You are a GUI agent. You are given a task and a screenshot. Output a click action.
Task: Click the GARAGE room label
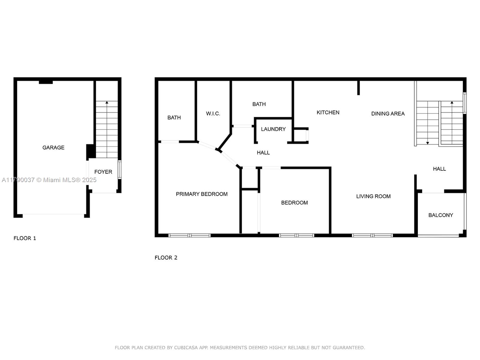[53, 148]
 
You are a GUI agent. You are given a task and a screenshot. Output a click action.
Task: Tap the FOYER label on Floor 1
[103, 172]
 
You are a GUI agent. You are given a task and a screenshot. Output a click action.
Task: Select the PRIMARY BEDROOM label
[202, 194]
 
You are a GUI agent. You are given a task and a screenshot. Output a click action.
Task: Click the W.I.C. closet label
[213, 114]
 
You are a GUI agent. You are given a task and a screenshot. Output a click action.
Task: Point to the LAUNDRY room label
[273, 129]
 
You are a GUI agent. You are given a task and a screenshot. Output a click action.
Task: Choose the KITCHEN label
[328, 112]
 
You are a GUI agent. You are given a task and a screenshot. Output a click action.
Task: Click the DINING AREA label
[388, 114]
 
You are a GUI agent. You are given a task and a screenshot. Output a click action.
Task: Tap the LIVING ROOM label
[373, 196]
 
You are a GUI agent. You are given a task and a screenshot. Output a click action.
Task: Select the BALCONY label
[441, 215]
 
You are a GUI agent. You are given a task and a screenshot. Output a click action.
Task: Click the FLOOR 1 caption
[25, 238]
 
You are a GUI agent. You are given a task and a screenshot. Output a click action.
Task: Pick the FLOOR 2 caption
[166, 258]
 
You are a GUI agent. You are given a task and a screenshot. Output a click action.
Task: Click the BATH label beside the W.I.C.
[174, 118]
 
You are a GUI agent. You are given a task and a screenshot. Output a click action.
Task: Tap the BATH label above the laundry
[259, 104]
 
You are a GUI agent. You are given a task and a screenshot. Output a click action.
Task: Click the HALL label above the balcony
[439, 169]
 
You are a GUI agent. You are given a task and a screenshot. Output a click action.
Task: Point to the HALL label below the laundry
[263, 153]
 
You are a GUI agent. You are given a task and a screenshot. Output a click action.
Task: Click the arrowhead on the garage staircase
[107, 102]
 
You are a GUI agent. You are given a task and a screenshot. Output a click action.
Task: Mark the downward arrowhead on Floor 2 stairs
[427, 143]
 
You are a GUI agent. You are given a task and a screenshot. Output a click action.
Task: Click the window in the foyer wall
[120, 170]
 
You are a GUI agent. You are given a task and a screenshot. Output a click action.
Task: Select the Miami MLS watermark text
[49, 180]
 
